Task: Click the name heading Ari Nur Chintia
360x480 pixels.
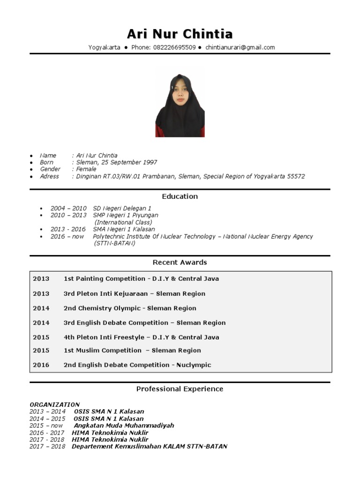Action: coord(180,34)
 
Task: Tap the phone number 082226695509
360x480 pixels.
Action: coord(174,47)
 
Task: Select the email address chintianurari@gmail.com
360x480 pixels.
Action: coord(240,47)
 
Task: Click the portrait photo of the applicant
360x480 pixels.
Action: coord(180,105)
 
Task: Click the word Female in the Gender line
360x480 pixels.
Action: coord(86,169)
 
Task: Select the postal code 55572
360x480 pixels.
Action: coord(294,176)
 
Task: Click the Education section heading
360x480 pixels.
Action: coord(180,196)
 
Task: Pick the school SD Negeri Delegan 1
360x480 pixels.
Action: coord(122,208)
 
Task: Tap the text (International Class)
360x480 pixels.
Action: coord(123,222)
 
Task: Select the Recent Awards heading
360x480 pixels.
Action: coord(180,262)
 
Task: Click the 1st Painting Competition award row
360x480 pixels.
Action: coord(141,278)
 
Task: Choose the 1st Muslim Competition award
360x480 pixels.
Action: coord(132,350)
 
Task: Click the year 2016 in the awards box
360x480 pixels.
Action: coord(41,365)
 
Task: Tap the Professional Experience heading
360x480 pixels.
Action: coord(180,389)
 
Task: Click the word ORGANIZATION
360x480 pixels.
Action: coord(55,405)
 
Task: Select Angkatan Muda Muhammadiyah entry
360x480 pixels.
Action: coord(124,426)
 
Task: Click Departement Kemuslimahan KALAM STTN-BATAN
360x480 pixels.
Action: coord(149,447)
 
